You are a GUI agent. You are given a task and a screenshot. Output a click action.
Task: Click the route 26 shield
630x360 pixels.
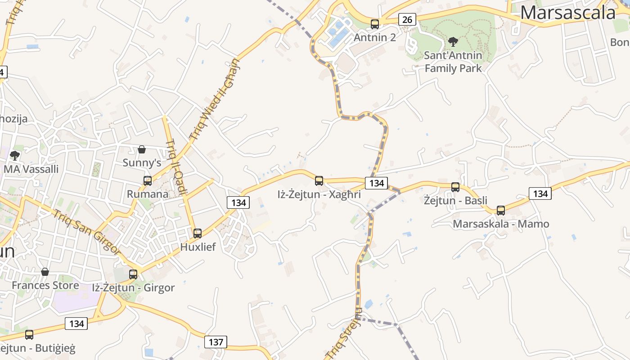(407, 19)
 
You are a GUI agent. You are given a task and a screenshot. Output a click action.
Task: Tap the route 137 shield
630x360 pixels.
(216, 342)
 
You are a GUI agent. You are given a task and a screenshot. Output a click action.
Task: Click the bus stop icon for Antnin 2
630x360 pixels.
(375, 24)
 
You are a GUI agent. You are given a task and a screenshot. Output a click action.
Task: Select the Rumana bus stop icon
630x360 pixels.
(148, 181)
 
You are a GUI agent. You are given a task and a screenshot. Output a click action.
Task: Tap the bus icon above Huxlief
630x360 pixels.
(198, 234)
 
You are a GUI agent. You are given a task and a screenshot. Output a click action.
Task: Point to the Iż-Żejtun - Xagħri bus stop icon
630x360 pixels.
(319, 181)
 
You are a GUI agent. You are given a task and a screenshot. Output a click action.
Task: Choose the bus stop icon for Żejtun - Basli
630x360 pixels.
(455, 187)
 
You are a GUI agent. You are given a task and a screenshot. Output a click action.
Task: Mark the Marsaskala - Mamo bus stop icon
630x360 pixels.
(501, 211)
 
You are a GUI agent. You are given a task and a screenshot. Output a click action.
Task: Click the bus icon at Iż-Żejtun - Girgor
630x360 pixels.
(133, 274)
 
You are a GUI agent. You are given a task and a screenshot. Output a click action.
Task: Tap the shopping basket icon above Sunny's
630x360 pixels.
(142, 149)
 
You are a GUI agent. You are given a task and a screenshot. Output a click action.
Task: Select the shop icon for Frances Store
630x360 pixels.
(45, 272)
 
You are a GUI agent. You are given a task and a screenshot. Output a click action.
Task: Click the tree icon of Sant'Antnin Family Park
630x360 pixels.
(453, 42)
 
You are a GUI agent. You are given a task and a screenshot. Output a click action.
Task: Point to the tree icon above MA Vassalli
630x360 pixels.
(15, 156)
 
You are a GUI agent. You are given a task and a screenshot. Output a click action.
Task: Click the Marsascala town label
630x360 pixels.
(568, 12)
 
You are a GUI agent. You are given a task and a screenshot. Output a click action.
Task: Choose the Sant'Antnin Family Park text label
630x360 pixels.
(453, 62)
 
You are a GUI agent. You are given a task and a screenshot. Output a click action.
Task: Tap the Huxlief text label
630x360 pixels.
(198, 247)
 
